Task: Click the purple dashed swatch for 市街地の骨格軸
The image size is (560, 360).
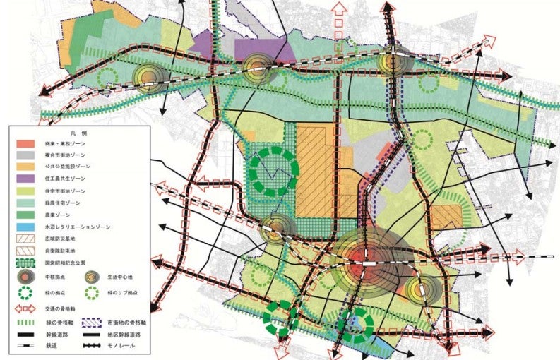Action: [x=91, y=321]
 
